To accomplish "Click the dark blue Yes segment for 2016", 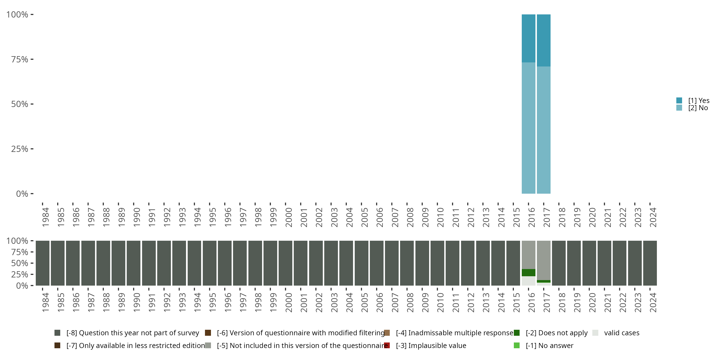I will tap(528, 38).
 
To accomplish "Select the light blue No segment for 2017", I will tap(544, 130).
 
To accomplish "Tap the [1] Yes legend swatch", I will tap(679, 100).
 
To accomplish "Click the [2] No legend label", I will tap(698, 108).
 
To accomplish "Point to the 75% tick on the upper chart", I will tap(20, 59).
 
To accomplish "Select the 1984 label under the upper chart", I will tap(46, 217).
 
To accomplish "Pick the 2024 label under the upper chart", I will tap(653, 217).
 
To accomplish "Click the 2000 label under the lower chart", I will tap(288, 302).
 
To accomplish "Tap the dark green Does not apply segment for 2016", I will tap(528, 272).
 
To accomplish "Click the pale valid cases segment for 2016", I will tap(528, 281).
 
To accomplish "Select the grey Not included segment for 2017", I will tap(544, 260).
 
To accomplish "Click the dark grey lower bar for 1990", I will tap(134, 263).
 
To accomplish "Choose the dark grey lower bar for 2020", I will tap(589, 263).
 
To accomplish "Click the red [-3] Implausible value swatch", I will tap(387, 345).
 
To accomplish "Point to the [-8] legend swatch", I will tap(57, 333).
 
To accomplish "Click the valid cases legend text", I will tap(622, 333).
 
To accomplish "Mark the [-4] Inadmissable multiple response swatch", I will tap(387, 333).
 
